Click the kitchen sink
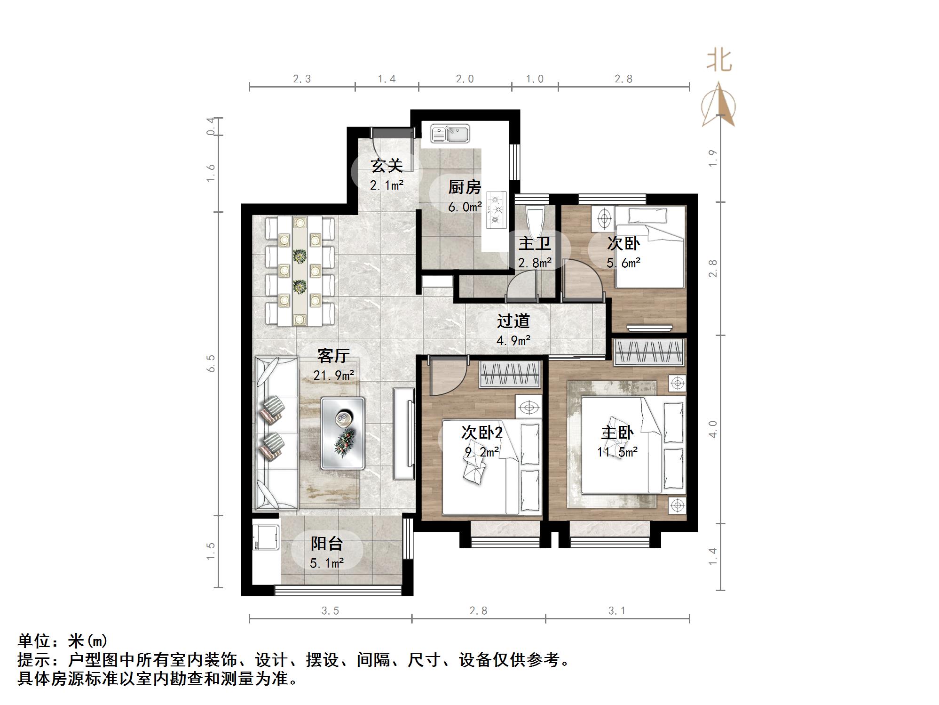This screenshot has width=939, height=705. click(x=450, y=134)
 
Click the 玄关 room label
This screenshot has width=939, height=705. click(x=387, y=166)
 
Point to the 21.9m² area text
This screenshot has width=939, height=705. click(x=334, y=375)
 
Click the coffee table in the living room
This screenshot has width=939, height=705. click(x=343, y=433)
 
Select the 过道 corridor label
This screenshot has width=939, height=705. click(x=513, y=321)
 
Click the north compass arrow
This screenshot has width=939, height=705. click(x=718, y=104)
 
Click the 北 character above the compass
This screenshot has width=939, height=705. click(x=719, y=61)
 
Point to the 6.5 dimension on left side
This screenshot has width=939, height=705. click(x=211, y=363)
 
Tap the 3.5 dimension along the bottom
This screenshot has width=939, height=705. click(x=330, y=611)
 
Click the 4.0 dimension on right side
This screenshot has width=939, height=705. click(x=713, y=429)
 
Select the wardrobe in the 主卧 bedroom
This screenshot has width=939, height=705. click(x=649, y=352)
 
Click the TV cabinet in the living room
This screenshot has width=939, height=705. click(x=404, y=433)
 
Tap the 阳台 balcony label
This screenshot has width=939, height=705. click(x=326, y=544)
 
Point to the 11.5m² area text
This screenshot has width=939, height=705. click(x=617, y=452)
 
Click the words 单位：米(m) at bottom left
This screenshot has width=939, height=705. click(x=63, y=641)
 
